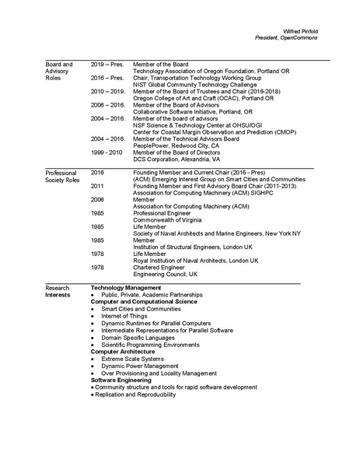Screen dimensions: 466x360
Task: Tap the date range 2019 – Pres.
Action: [107, 65]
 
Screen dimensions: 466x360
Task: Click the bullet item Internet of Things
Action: [127, 316]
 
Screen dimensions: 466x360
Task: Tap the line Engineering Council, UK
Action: [166, 275]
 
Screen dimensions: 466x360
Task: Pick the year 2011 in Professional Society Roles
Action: [97, 187]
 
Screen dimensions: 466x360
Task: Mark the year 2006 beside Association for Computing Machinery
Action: [97, 199]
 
